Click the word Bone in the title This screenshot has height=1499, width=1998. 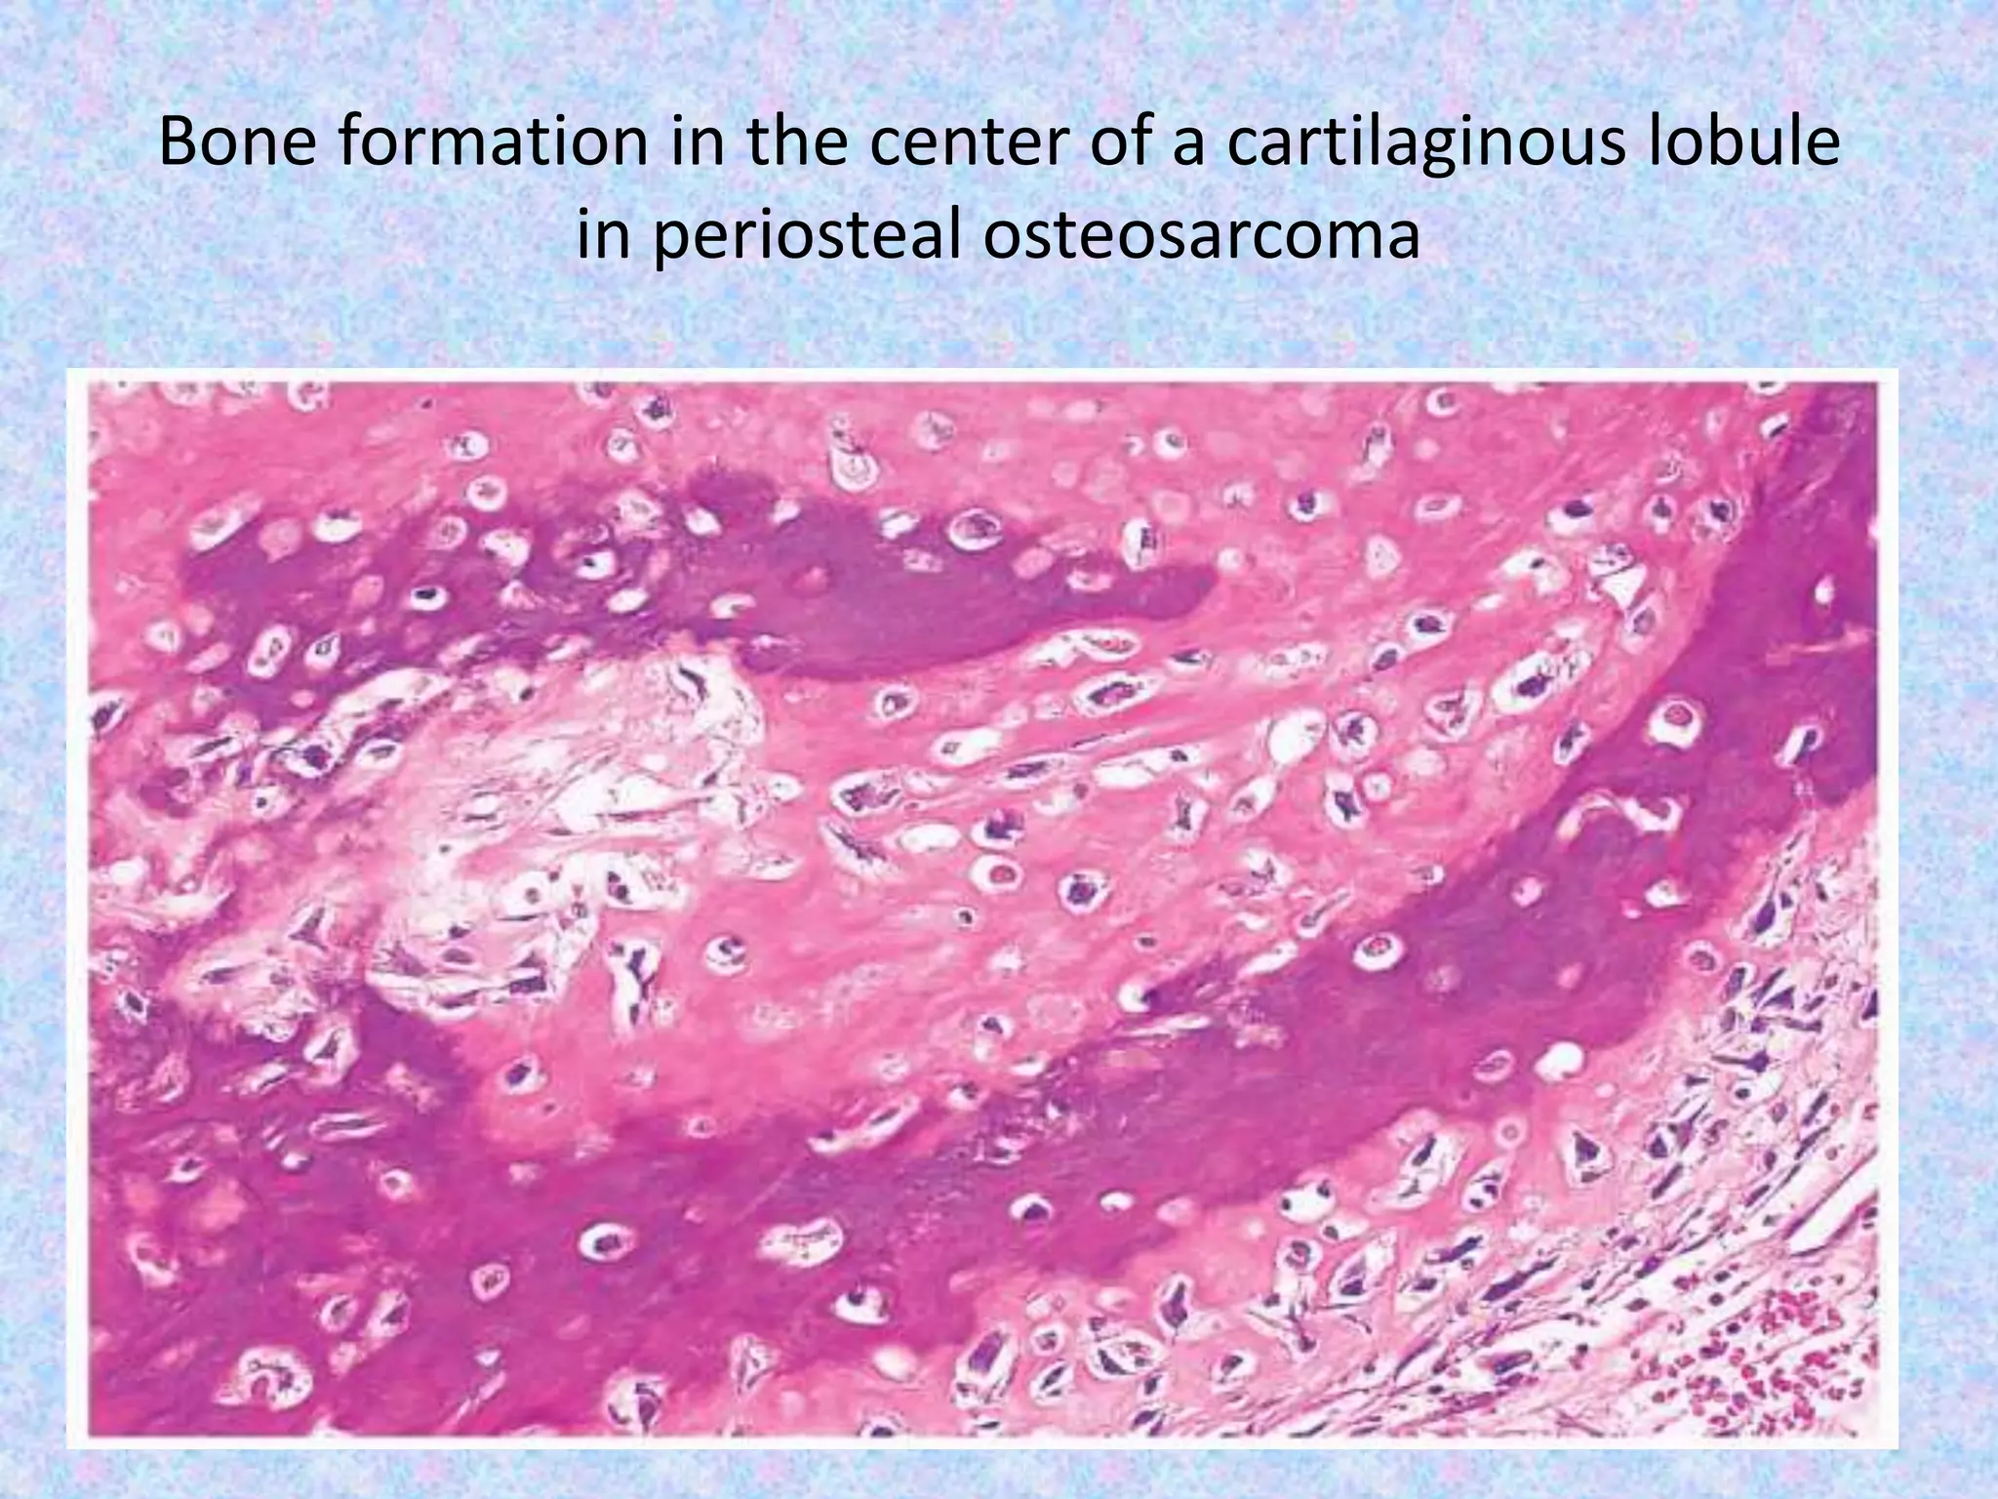click(239, 142)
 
